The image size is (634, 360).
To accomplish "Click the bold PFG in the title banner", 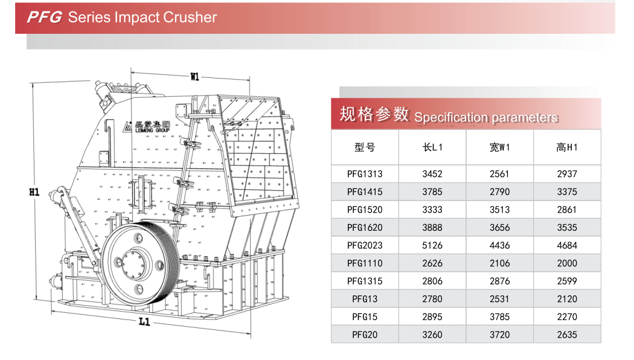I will pos(44,17).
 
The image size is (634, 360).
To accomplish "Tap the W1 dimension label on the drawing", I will pos(194,77).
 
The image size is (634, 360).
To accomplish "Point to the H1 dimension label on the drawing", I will pos(34,192).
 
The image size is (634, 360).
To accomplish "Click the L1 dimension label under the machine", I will pos(144,322).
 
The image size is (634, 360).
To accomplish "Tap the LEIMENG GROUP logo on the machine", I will pos(145,126).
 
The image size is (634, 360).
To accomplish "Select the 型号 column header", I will pos(365,147).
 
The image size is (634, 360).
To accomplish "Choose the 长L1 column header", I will pos(432,147).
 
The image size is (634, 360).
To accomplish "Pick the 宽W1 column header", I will pos(499,147).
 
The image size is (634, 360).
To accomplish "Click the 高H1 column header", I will pos(567,147).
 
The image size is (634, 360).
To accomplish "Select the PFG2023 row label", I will pos(365,245).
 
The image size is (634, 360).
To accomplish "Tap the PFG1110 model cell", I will pos(365,263).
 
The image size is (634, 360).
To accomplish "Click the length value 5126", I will pos(432,245).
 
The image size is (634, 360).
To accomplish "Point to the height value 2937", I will pos(567,174).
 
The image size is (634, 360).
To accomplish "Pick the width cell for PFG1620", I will pos(499,228).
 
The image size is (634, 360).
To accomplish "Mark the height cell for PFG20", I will pos(567,335).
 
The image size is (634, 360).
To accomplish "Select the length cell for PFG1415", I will pos(432,192).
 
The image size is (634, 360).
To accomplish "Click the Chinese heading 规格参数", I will pos(374,114).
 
